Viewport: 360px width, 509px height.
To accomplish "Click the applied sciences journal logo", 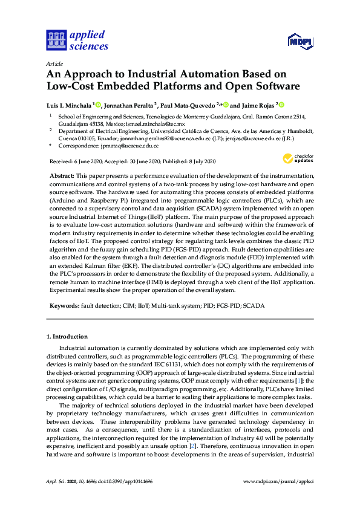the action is pos(77,40).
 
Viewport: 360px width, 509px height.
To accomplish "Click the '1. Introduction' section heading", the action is pos(67,336).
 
